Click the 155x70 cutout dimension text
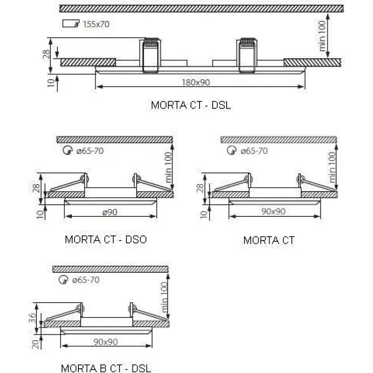pyautogui.click(x=97, y=24)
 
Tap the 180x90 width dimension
pyautogui.click(x=196, y=83)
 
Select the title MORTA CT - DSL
pyautogui.click(x=191, y=105)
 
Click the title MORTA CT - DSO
pyautogui.click(x=106, y=239)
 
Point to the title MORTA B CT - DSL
pyautogui.click(x=106, y=368)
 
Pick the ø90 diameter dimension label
pyautogui.click(x=110, y=212)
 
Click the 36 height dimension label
pyautogui.click(x=32, y=318)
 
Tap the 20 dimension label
pyautogui.click(x=35, y=344)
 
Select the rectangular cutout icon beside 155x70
pyautogui.click(x=71, y=23)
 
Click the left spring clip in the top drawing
pyautogui.click(x=150, y=55)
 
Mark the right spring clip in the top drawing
pyautogui.click(x=247, y=55)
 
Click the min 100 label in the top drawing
pyautogui.click(x=322, y=36)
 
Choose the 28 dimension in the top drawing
pyautogui.click(x=47, y=54)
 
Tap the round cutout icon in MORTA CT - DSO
pyautogui.click(x=68, y=150)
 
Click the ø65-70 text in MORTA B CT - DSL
pyautogui.click(x=86, y=280)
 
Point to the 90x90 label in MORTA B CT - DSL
pyautogui.click(x=106, y=342)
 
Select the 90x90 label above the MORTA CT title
pyautogui.click(x=273, y=211)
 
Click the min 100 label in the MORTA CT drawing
pyautogui.click(x=332, y=167)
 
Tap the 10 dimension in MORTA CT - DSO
pyautogui.click(x=41, y=214)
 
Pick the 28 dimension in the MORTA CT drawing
pyautogui.click(x=200, y=188)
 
